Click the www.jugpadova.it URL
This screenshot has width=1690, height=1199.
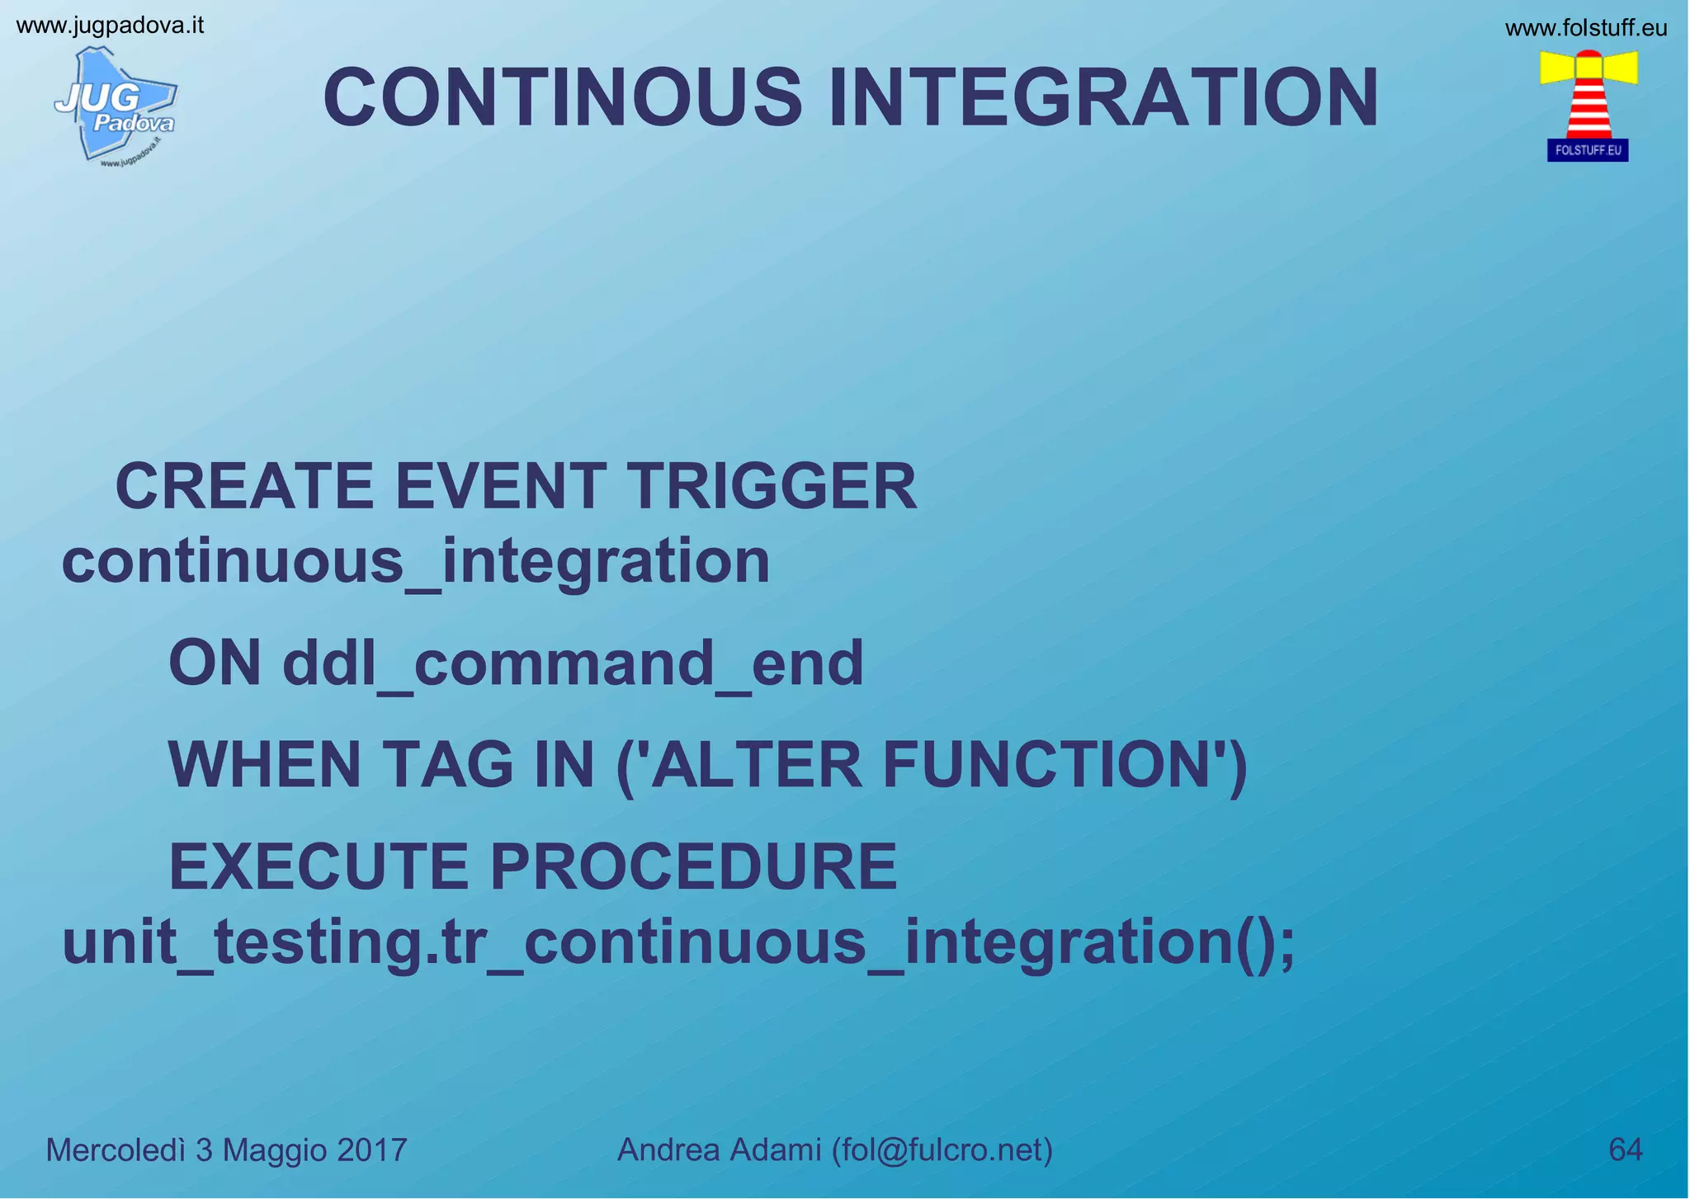pos(110,26)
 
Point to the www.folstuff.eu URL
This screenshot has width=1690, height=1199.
pos(1585,28)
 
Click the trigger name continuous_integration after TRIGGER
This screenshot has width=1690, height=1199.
pos(415,561)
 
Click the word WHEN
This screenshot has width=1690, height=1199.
pos(264,765)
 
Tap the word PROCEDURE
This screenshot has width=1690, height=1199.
pos(693,866)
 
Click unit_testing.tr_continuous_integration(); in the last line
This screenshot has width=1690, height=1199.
pos(678,943)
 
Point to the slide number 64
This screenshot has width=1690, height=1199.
pos(1625,1149)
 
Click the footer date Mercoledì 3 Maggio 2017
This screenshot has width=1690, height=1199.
pos(226,1149)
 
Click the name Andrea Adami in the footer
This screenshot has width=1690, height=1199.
pos(719,1149)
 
